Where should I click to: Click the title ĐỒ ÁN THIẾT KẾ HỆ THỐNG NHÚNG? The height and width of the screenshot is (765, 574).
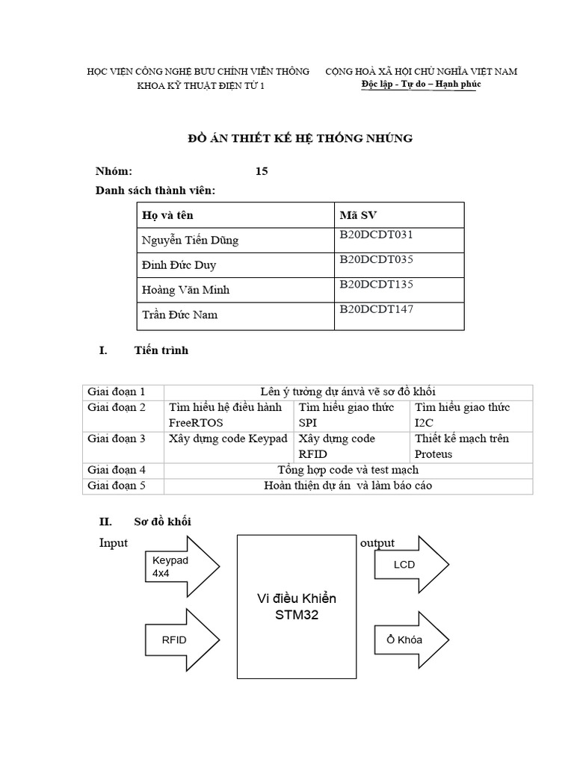pos(299,138)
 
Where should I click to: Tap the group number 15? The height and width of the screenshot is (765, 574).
pos(262,171)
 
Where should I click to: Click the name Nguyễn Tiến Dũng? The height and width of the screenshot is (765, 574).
pos(191,240)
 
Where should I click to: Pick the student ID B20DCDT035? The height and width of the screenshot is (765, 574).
pos(376,259)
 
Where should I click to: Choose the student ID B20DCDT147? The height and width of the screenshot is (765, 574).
pos(376,309)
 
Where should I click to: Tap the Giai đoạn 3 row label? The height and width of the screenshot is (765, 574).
pos(116,439)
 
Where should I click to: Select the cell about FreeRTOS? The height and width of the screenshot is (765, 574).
pos(226,415)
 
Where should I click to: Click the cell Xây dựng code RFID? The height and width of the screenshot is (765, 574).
pos(336,446)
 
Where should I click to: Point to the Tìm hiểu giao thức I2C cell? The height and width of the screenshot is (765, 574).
pos(462,415)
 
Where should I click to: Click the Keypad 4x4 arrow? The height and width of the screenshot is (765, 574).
pos(179,567)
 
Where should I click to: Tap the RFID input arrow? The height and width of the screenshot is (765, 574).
pos(179,639)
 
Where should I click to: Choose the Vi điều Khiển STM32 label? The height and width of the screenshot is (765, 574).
pos(296,607)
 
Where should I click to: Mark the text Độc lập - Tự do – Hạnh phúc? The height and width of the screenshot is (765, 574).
pos(421,84)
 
